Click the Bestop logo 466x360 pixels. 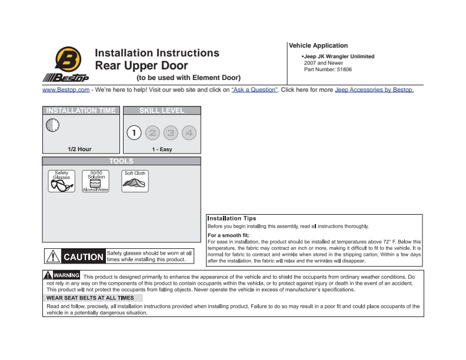(x=65, y=64)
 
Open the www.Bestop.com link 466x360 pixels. (x=66, y=90)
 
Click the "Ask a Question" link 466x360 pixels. (x=255, y=90)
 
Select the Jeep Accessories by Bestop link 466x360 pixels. (x=374, y=90)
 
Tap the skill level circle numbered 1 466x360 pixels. (x=134, y=133)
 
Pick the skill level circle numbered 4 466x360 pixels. (x=189, y=133)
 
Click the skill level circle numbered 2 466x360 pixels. (x=152, y=133)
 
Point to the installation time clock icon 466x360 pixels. (x=52, y=125)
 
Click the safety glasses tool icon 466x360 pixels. (x=61, y=182)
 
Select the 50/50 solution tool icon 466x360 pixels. (x=96, y=182)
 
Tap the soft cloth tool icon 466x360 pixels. (x=135, y=182)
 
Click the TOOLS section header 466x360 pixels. (x=121, y=161)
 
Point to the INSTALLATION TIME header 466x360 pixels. (x=81, y=111)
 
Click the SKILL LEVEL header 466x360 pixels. (x=162, y=111)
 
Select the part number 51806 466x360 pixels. (x=344, y=69)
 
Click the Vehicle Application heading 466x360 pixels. (x=318, y=46)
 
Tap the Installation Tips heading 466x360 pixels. (x=232, y=219)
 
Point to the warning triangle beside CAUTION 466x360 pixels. (x=53, y=256)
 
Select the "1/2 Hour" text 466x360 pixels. (x=80, y=149)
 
